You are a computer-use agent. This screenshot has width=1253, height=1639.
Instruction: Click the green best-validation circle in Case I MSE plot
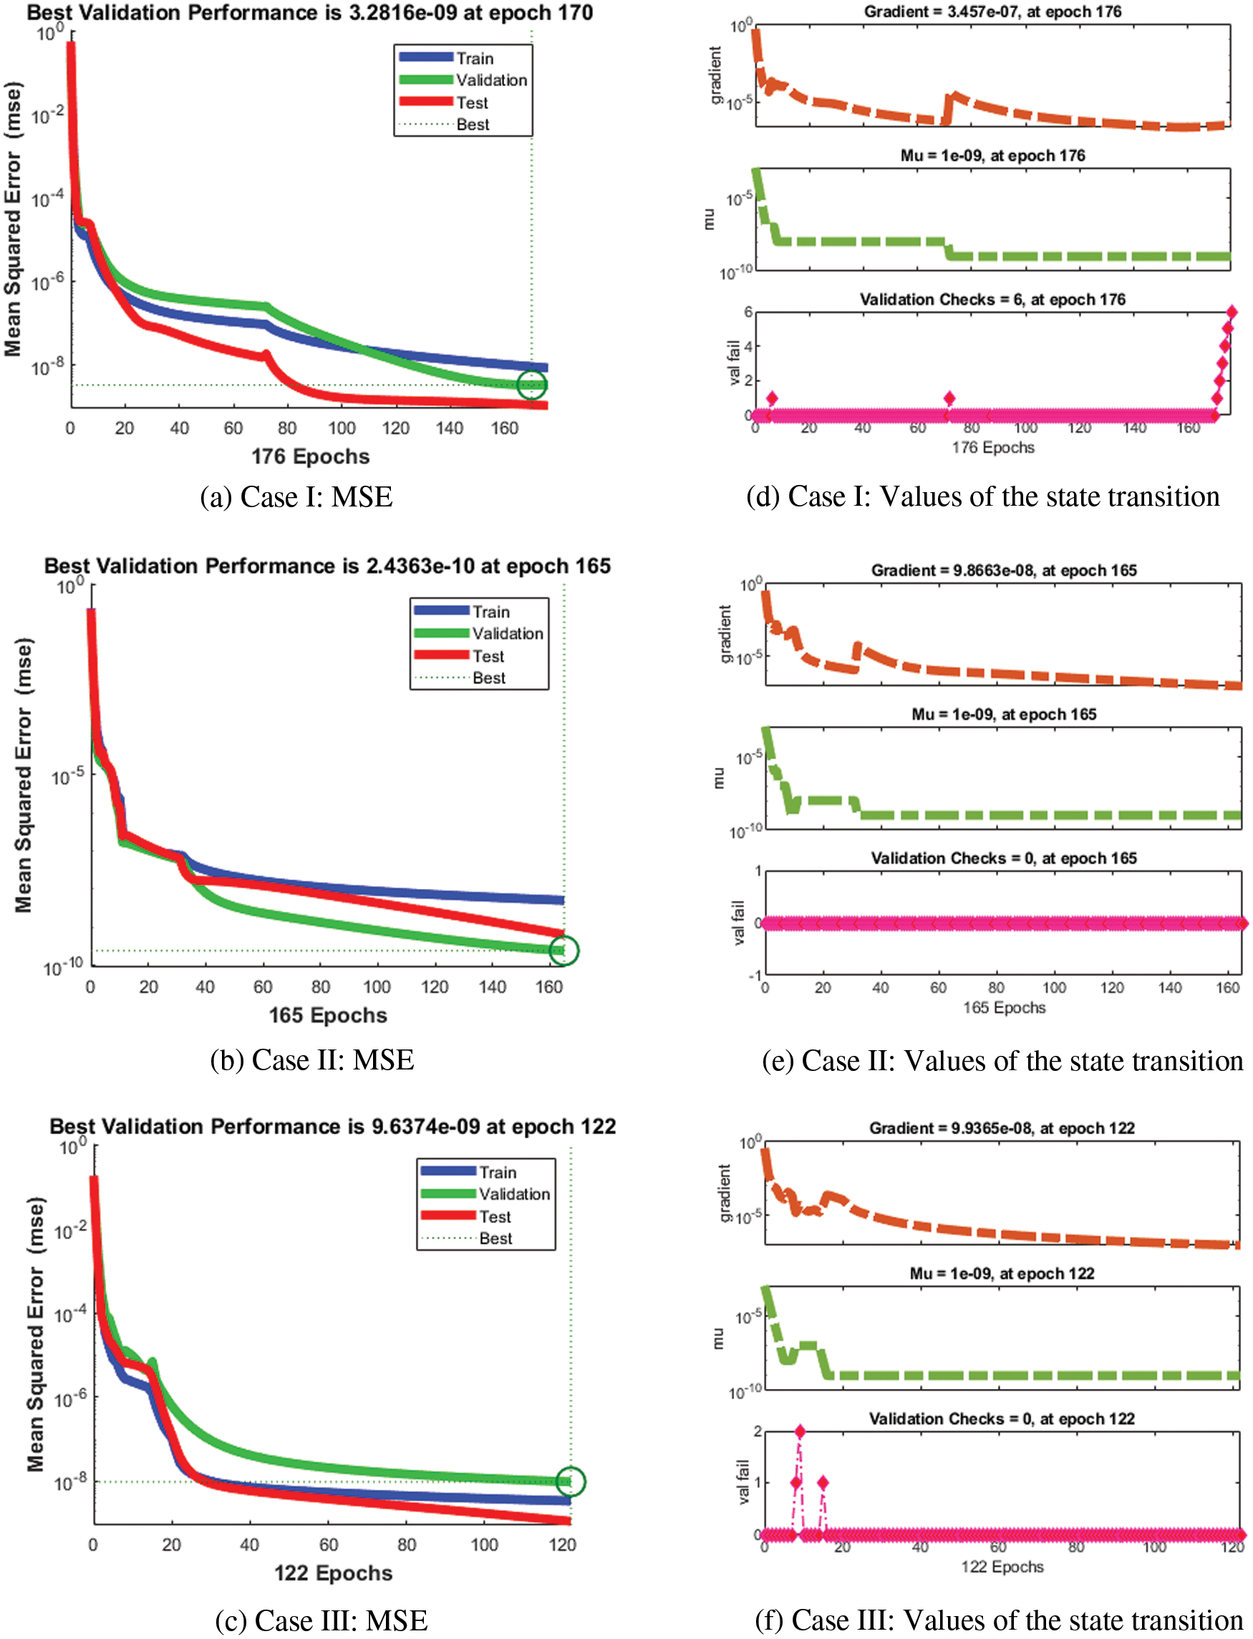tap(532, 385)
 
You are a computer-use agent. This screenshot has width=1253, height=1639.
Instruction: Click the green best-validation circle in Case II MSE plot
tap(564, 951)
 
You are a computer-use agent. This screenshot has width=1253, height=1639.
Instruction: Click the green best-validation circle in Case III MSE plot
tap(571, 1481)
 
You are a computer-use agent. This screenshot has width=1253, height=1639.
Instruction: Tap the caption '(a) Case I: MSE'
tap(296, 498)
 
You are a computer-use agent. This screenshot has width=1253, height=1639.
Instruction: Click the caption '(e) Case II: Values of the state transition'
tap(1002, 1061)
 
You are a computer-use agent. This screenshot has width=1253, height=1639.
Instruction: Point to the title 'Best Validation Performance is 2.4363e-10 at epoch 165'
tap(327, 566)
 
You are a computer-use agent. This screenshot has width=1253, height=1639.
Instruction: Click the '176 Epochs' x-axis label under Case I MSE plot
tap(310, 456)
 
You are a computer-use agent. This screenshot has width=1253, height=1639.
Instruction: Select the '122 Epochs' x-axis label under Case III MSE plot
tap(333, 1573)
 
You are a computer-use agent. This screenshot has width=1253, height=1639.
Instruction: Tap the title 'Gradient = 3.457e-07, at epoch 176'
tap(992, 12)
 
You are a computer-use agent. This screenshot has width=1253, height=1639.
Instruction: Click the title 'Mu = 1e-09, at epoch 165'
tap(1004, 714)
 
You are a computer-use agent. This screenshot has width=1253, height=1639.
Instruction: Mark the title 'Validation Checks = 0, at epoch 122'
tap(1002, 1419)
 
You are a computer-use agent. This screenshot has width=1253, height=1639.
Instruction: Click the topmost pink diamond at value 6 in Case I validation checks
tap(1232, 312)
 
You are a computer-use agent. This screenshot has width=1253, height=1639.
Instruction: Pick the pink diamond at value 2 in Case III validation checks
tap(800, 1431)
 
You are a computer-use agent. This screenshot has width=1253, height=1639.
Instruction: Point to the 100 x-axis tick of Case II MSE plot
tap(377, 987)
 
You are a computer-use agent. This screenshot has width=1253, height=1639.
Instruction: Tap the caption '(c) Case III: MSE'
tap(321, 1620)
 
